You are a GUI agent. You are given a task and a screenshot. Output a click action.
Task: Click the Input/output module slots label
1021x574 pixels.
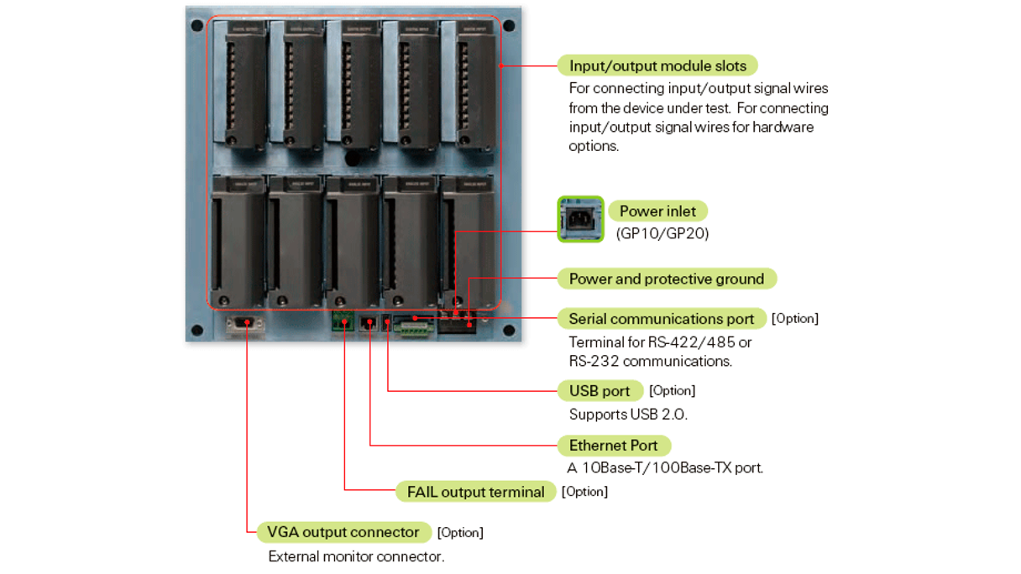(x=657, y=65)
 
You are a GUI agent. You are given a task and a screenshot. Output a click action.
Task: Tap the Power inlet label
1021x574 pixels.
(x=657, y=211)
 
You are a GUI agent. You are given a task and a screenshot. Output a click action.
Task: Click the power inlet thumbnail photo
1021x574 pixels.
(x=581, y=219)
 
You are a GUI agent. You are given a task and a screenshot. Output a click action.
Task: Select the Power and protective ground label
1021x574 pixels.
(x=667, y=279)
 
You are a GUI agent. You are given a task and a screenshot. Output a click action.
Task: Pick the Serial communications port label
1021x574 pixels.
(x=662, y=319)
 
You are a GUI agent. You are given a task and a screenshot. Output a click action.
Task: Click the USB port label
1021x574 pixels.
(x=600, y=391)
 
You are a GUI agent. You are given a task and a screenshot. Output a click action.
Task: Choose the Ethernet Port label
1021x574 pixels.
(x=614, y=446)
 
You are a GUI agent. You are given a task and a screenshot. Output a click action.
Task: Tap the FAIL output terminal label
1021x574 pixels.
(x=475, y=492)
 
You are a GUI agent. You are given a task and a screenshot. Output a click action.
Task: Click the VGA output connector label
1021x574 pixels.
(x=343, y=532)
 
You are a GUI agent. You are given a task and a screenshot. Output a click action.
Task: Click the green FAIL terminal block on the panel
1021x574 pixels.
(x=343, y=320)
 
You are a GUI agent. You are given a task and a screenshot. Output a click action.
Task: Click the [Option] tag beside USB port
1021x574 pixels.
(x=673, y=391)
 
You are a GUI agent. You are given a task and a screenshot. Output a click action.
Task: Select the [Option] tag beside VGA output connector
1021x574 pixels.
(x=460, y=533)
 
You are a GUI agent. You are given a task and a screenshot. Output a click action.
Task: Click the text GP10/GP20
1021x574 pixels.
(x=662, y=234)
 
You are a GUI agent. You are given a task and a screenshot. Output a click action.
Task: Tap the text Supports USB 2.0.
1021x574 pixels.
(x=628, y=415)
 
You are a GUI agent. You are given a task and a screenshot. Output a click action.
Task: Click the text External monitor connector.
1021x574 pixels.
(x=356, y=556)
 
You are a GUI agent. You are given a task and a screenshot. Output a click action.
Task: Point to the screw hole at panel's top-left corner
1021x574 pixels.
(x=197, y=25)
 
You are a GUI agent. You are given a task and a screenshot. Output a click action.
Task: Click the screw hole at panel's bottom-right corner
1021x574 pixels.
(x=508, y=331)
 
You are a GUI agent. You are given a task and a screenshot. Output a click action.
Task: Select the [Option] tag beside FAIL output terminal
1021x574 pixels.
(x=585, y=492)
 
